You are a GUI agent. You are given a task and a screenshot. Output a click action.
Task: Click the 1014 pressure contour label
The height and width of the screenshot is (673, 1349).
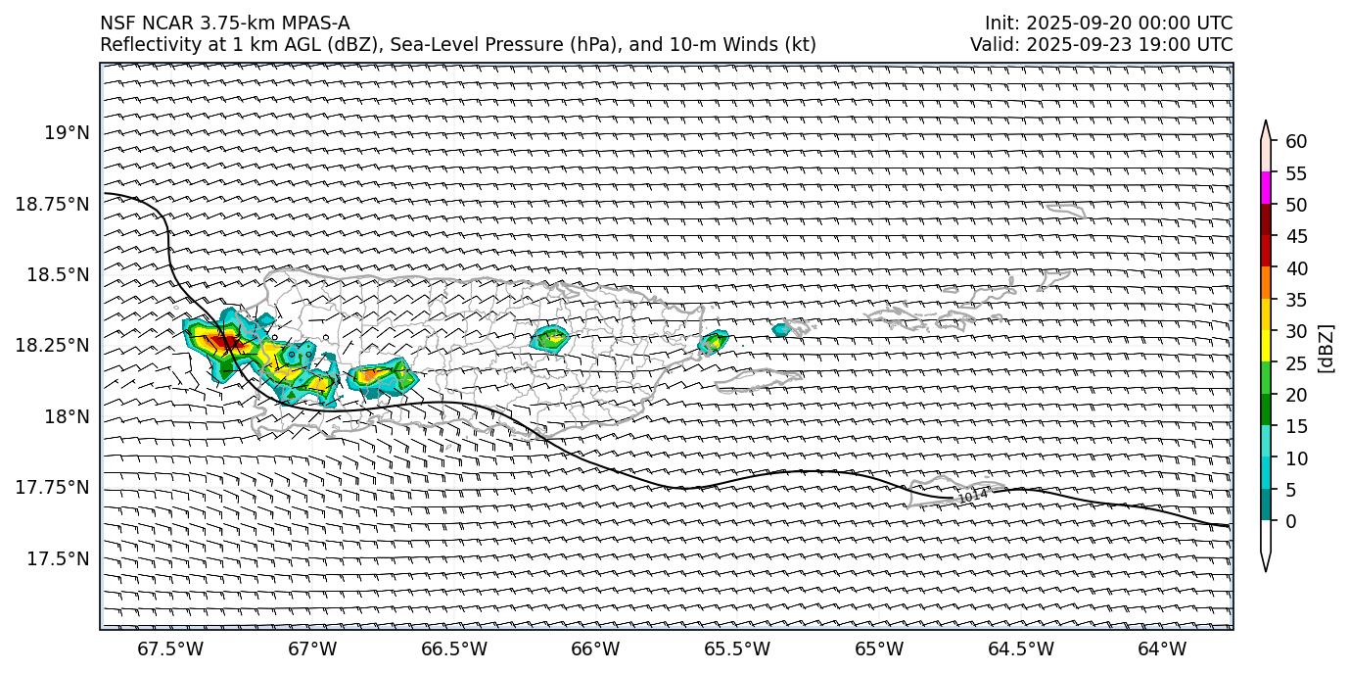pos(972,497)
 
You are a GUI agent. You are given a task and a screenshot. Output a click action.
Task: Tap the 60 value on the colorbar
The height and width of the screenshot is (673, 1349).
pos(1296,142)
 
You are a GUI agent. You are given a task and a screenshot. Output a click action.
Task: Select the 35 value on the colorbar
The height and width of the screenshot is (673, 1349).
pos(1296,300)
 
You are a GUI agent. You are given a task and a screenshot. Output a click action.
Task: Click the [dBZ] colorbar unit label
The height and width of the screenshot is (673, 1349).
pos(1326,348)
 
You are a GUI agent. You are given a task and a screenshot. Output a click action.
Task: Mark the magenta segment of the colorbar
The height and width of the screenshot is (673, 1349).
pos(1266,188)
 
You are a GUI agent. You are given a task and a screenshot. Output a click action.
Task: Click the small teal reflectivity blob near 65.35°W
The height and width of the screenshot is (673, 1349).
pos(780,330)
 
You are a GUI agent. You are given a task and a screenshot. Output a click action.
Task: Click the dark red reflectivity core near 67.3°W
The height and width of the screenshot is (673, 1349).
pos(223,342)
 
